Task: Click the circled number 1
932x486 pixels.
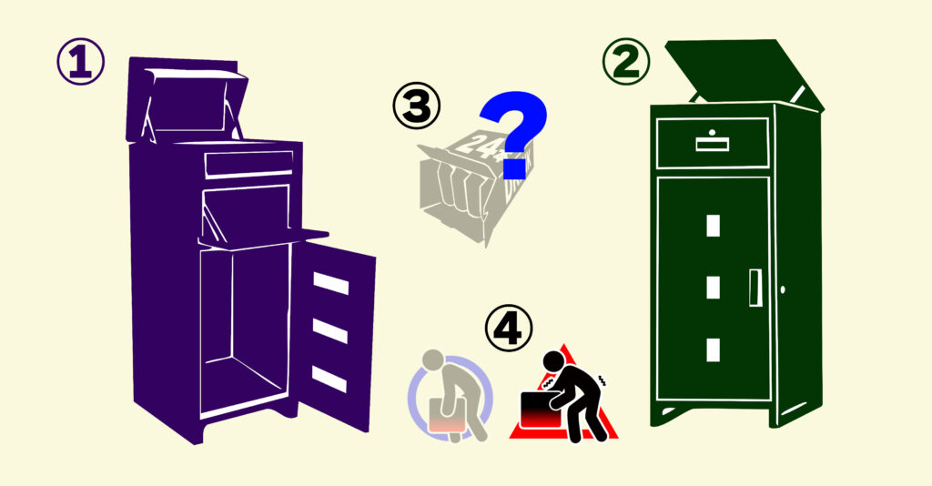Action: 81,62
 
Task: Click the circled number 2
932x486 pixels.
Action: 626,62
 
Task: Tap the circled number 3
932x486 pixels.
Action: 417,106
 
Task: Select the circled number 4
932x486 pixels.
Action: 509,328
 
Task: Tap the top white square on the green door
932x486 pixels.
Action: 714,226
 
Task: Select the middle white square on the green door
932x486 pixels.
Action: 714,288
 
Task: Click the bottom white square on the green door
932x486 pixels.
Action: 714,350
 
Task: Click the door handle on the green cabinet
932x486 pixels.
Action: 755,289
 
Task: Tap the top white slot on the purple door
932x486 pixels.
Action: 331,283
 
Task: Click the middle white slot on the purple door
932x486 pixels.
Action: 329,331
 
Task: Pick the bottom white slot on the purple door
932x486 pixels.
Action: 329,380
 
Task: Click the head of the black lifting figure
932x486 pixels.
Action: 553,360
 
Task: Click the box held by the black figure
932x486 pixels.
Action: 541,410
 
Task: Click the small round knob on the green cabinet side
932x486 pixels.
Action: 782,289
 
